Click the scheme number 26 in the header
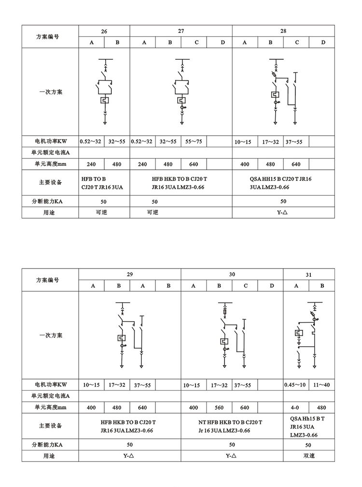(x=104, y=31)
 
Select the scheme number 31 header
(x=309, y=274)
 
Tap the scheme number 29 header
(x=130, y=274)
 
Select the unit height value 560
(x=220, y=407)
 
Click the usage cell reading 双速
(x=309, y=455)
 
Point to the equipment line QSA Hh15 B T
(x=307, y=419)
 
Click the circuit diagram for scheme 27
(x=181, y=92)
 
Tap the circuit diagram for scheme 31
(x=308, y=335)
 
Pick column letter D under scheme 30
(x=272, y=286)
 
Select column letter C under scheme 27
(x=196, y=42)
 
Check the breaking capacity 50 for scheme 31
(x=309, y=444)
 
